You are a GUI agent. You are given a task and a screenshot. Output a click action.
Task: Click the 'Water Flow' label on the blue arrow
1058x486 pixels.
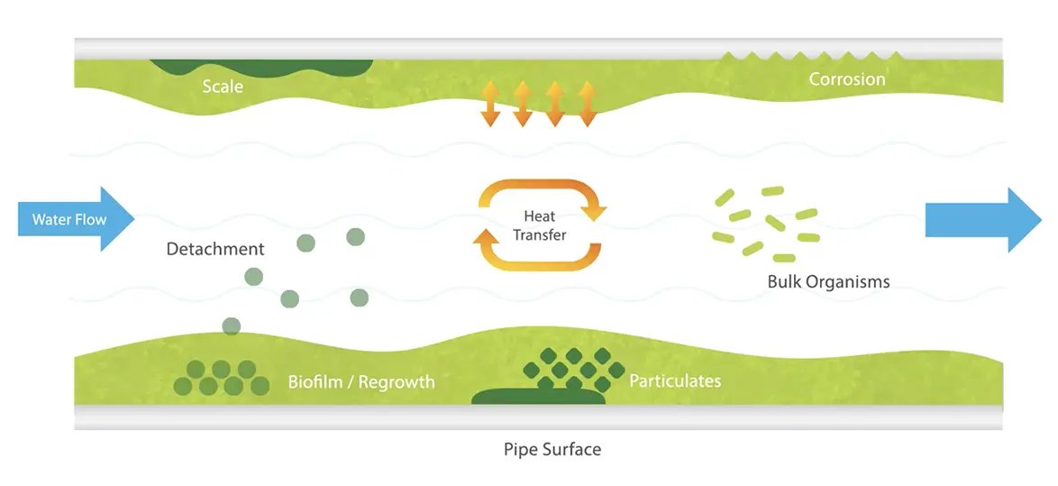(68, 219)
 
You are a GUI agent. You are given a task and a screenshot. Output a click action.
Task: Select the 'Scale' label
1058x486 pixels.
(223, 87)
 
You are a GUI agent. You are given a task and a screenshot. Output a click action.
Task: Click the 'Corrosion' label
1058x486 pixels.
(846, 79)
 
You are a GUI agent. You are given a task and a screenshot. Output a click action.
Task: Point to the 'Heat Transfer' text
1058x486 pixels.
(540, 225)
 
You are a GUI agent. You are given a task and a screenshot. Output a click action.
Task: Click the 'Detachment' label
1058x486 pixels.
(215, 249)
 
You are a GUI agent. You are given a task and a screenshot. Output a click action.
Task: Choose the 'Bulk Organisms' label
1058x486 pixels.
(828, 281)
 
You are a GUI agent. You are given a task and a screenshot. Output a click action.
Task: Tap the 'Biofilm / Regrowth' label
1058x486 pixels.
(360, 381)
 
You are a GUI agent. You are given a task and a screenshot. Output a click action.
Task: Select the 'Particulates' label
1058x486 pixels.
(675, 381)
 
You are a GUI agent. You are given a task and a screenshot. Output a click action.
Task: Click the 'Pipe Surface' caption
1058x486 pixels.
(552, 448)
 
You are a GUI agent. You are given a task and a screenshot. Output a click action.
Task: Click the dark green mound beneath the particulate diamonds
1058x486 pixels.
(538, 397)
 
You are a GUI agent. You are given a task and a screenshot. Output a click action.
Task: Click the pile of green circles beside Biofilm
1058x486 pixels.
(221, 378)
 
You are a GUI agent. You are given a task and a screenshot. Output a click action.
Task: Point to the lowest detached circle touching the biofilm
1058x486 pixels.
(232, 326)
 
